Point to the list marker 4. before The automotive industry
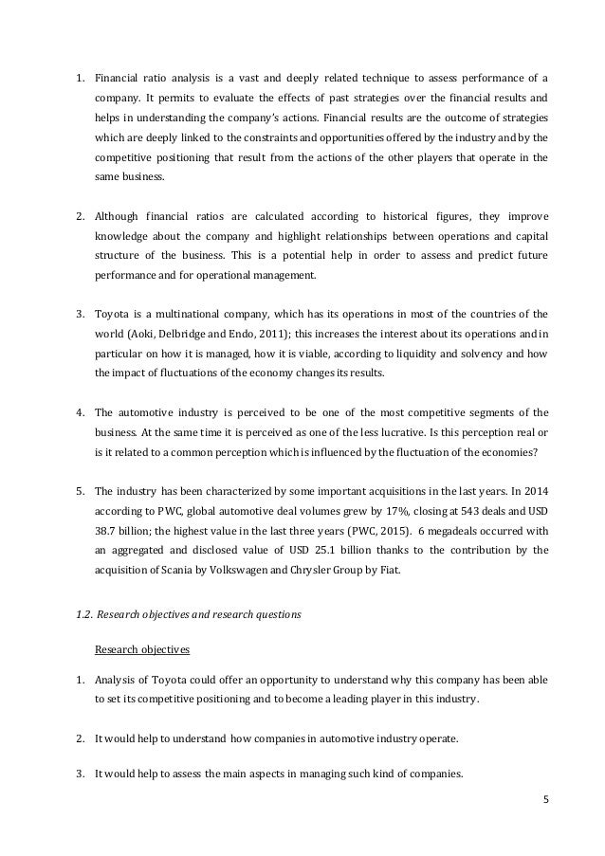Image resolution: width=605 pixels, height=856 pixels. [80, 411]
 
